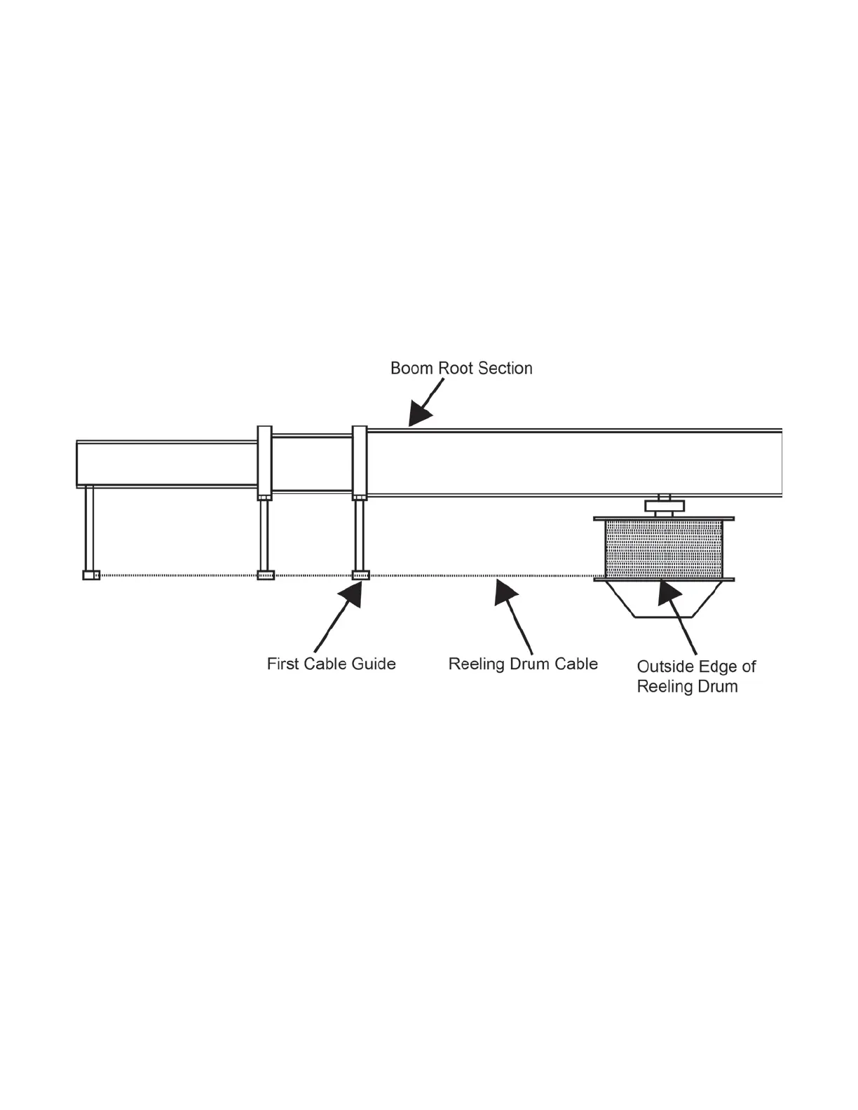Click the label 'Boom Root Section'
(461, 369)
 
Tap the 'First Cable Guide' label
(331, 664)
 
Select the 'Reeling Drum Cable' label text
(523, 664)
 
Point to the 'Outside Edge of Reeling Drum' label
(696, 676)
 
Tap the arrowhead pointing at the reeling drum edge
(667, 594)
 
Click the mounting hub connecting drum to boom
(663, 506)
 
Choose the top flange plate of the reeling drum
(663, 519)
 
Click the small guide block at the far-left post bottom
(91, 575)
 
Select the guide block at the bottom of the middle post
(265, 575)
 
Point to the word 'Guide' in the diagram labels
(374, 664)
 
